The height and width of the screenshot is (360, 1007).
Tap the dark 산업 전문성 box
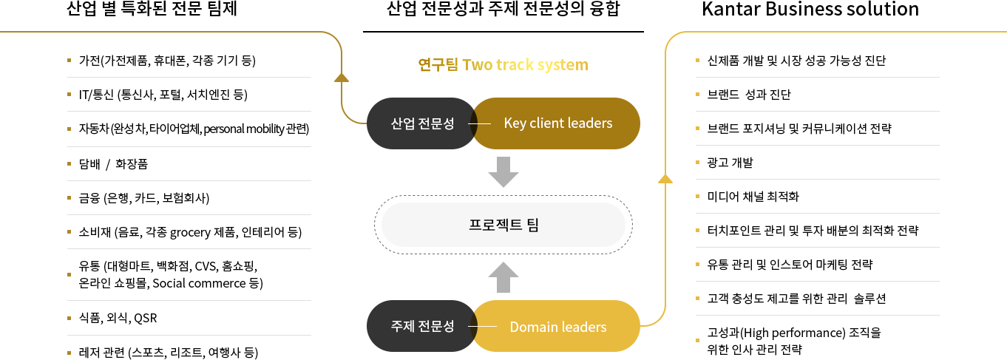coord(422,123)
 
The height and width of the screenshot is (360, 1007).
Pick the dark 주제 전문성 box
coord(422,327)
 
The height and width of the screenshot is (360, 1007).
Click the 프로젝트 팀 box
coord(503,225)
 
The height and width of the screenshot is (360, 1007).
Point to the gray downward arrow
coord(503,171)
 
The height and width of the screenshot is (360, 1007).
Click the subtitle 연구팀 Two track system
coord(503,65)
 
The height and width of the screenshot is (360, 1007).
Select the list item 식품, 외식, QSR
coord(118,319)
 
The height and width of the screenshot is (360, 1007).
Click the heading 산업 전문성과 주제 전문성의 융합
coord(503,10)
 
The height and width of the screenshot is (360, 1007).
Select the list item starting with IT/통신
coord(162,95)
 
